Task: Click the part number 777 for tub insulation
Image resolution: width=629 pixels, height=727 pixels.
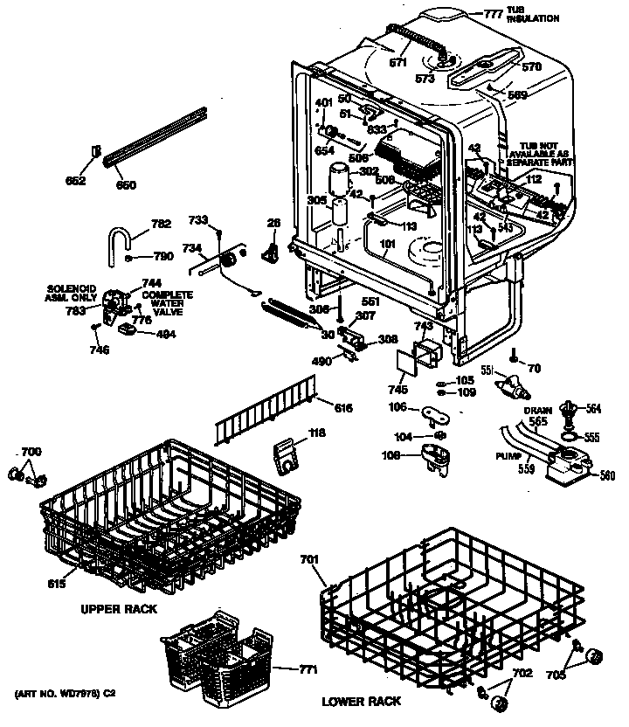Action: coord(495,13)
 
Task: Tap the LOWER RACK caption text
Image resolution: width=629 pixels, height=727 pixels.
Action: coord(362,701)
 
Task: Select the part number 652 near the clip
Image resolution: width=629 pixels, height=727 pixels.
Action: coord(76,181)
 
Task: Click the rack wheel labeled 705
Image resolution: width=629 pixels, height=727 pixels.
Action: coord(593,656)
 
